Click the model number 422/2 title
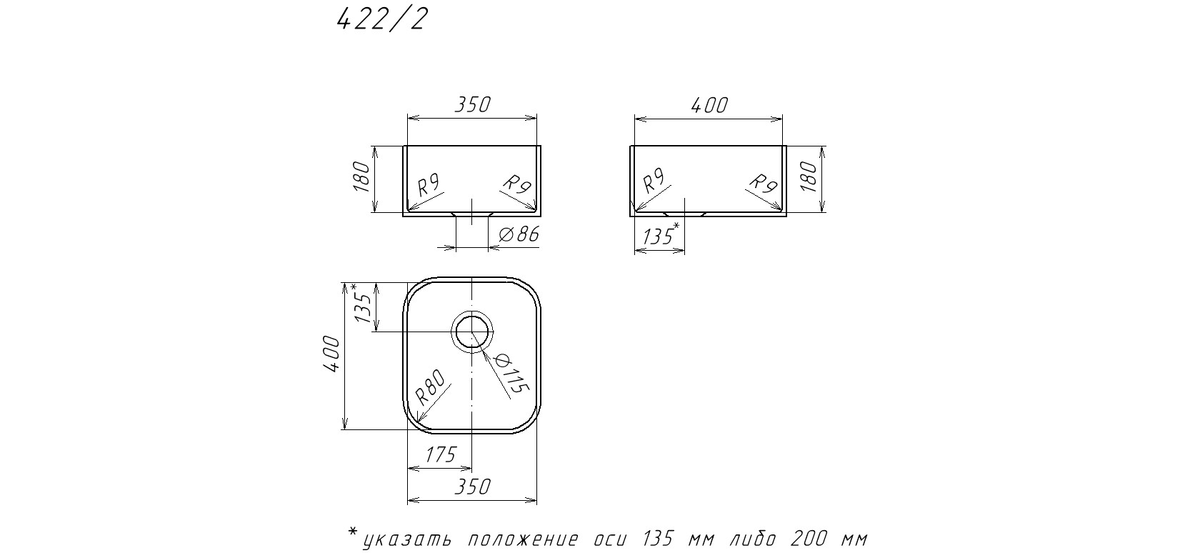pos(382,21)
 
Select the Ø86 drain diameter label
pos(519,234)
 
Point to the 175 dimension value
pos(441,454)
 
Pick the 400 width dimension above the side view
pos(709,106)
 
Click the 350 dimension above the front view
pos(472,104)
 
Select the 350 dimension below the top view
pos(472,487)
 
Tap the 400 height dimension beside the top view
pos(331,354)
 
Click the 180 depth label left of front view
pos(361,176)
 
